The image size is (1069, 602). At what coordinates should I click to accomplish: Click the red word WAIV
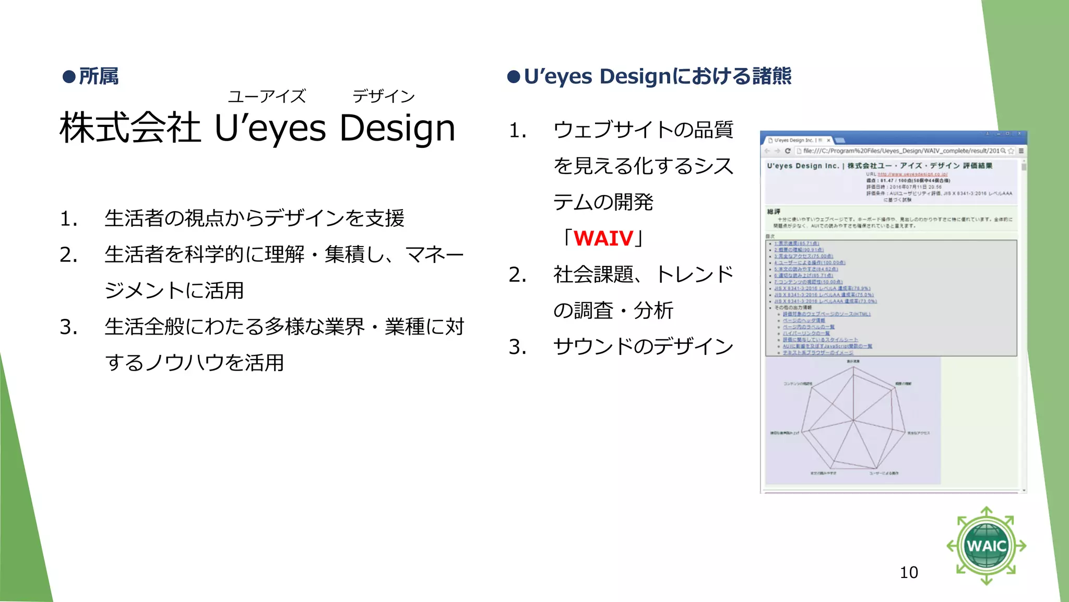point(603,238)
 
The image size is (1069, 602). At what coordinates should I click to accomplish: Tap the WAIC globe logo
point(986,546)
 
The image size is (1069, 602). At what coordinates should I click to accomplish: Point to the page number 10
point(909,572)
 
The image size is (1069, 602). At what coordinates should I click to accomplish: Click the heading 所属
point(99,76)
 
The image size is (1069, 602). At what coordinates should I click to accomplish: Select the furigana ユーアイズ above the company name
point(267,96)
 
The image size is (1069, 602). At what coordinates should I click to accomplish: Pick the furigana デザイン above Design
point(384,96)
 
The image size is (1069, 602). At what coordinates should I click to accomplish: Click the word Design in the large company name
point(397,128)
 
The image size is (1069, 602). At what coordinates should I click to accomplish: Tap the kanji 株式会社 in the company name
point(130,128)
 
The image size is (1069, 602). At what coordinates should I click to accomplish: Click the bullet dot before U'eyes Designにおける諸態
point(514,77)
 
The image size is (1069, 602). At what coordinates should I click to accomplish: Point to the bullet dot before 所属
point(69,77)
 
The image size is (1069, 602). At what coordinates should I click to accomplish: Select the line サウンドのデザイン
point(643,346)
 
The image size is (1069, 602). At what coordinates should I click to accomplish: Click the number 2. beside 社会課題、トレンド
point(517,275)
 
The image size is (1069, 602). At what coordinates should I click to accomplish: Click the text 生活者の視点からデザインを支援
point(255,218)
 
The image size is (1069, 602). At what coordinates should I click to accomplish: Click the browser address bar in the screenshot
point(903,151)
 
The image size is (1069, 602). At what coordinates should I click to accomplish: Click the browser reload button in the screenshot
point(788,151)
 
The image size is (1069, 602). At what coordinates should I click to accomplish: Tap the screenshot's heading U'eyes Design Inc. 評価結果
point(880,166)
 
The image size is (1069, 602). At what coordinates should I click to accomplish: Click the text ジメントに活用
point(174,291)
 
